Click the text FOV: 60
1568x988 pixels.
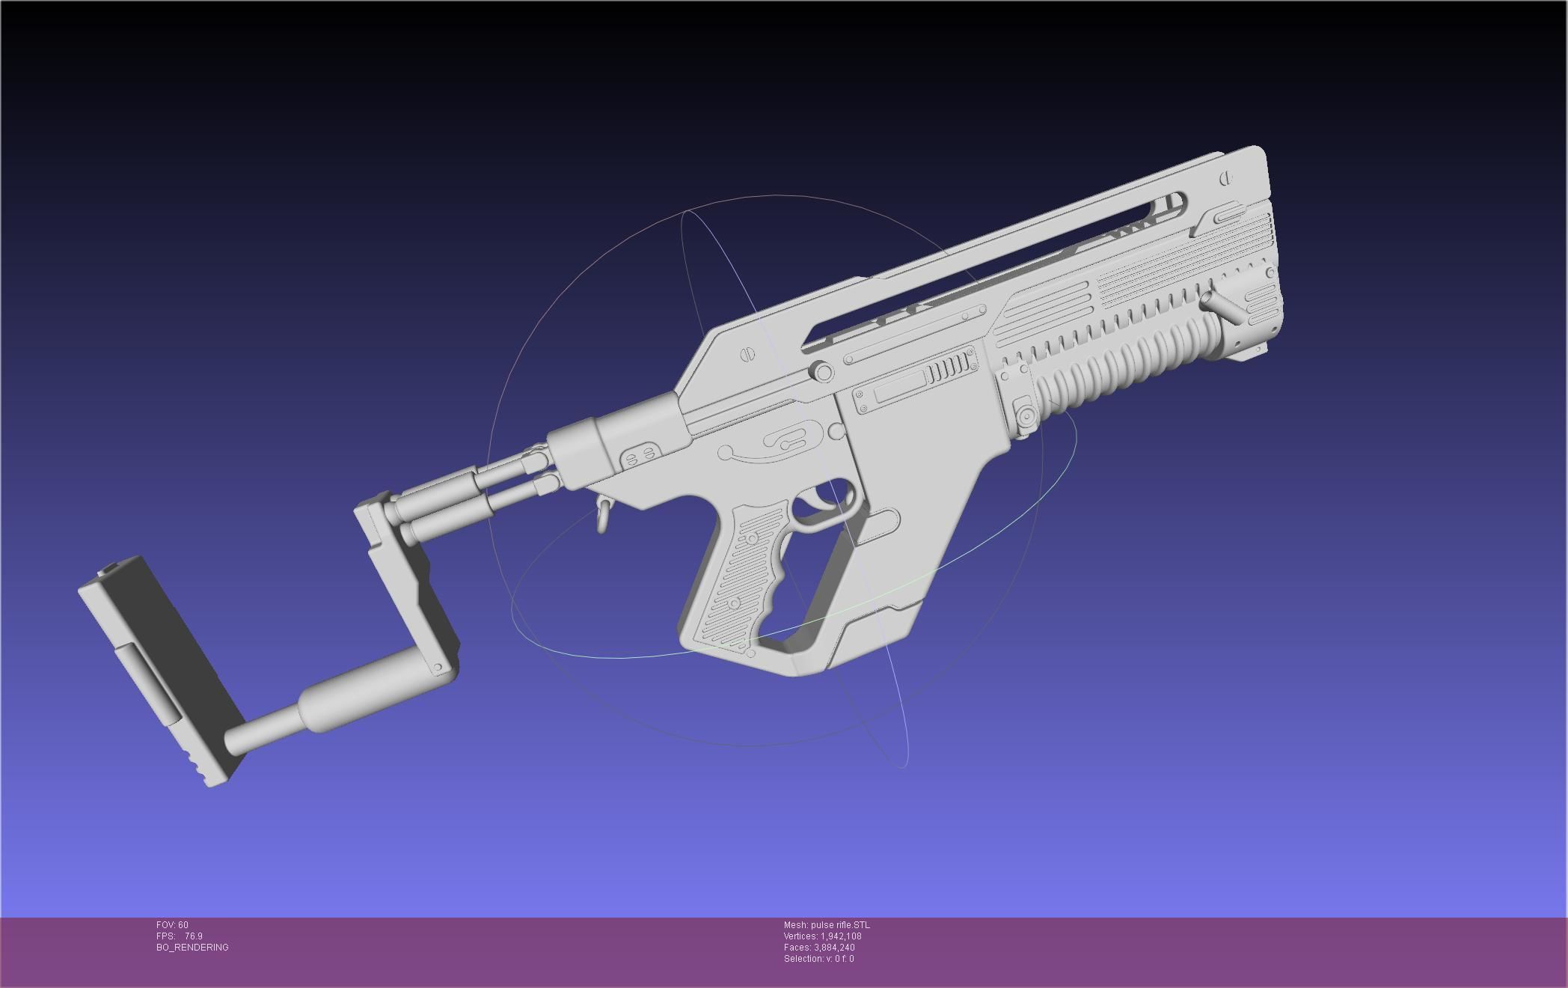(172, 925)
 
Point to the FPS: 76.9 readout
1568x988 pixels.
(180, 936)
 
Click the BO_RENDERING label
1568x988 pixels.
(192, 948)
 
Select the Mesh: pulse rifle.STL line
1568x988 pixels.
(827, 925)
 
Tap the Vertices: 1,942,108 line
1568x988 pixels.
(822, 936)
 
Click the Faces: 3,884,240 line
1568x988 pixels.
(819, 948)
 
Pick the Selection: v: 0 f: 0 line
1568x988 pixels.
(818, 959)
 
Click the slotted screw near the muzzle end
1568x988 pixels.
(1225, 179)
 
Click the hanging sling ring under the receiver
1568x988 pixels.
(602, 515)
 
